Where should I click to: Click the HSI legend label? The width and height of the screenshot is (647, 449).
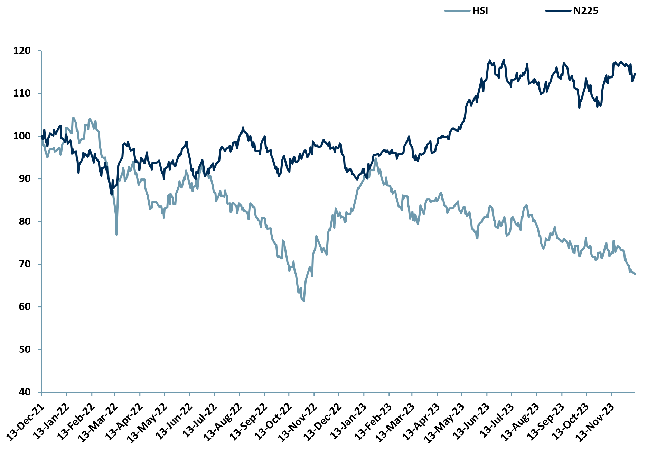480,11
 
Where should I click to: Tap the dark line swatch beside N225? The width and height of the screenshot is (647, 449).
558,11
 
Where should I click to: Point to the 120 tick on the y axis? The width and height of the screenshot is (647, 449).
22,51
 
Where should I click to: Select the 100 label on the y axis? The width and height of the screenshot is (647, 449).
22,136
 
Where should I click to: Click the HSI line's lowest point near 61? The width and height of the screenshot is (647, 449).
303,301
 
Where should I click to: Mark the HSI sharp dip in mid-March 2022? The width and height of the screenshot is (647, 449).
116,235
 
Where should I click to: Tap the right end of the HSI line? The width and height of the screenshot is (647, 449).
635,274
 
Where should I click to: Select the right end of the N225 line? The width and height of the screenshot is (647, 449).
635,74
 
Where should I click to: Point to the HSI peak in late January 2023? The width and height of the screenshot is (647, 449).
375,159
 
